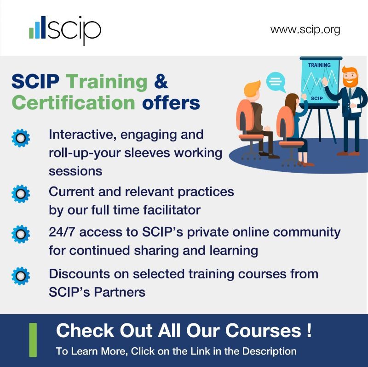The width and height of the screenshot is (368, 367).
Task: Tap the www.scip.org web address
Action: (305, 30)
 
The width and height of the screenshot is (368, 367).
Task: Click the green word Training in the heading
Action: (107, 82)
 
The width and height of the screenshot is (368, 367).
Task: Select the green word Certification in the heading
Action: (73, 102)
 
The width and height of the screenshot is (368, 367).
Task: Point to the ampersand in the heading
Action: (161, 82)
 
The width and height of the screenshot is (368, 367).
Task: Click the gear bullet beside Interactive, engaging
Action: (20, 138)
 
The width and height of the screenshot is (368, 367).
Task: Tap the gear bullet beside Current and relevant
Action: (20, 194)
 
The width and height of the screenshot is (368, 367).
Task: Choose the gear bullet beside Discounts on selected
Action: (20, 276)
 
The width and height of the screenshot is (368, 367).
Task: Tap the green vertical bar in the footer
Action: (33, 340)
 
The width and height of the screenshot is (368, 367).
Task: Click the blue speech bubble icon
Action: (276, 82)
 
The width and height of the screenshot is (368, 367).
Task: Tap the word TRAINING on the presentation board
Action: (319, 65)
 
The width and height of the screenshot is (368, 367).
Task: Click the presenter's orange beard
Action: (349, 83)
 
